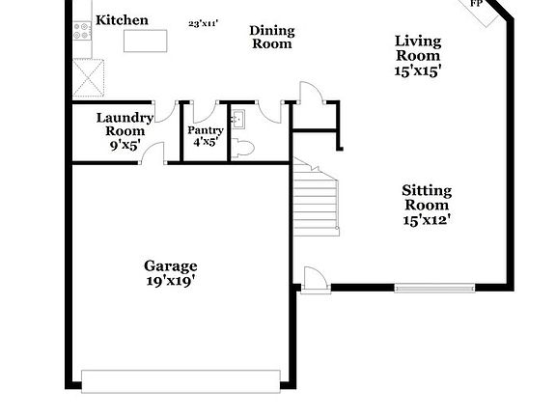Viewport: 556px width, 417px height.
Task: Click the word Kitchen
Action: [x=122, y=20]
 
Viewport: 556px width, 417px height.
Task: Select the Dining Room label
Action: [x=272, y=38]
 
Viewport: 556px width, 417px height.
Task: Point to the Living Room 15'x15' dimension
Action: [x=418, y=70]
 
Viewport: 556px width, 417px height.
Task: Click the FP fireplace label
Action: [x=476, y=4]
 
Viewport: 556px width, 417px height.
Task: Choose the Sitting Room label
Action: [x=426, y=198]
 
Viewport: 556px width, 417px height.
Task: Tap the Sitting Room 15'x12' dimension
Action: [x=426, y=220]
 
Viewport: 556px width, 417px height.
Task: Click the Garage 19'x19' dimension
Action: [x=170, y=281]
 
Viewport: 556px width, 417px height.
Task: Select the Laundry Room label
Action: [x=125, y=125]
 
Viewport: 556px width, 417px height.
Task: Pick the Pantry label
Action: [x=205, y=130]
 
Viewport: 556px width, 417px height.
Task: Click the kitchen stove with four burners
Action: [x=82, y=30]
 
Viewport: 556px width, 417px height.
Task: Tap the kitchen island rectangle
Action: [x=145, y=41]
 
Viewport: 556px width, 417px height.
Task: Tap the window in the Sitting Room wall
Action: [x=434, y=287]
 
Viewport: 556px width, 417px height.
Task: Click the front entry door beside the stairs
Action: [x=313, y=279]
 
